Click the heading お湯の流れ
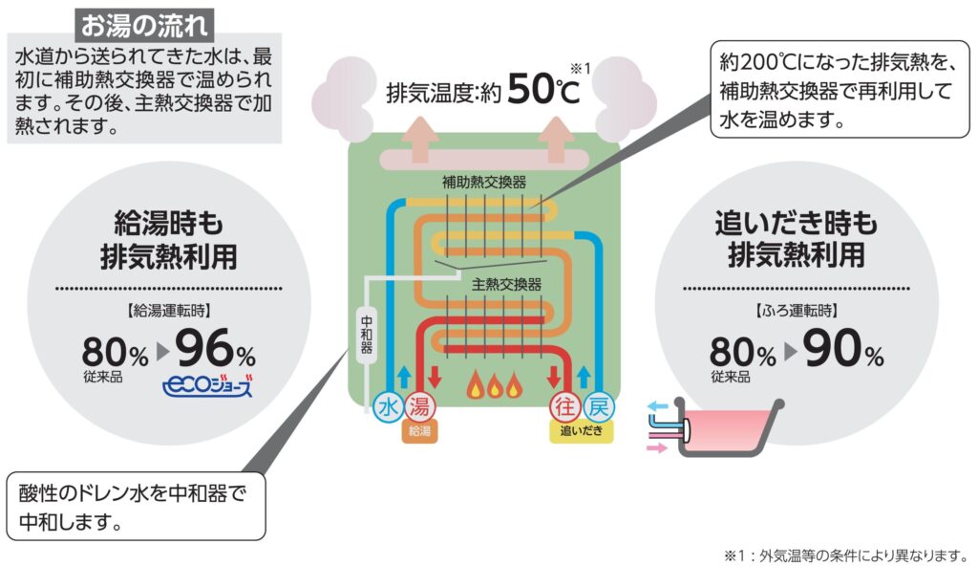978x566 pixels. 144,22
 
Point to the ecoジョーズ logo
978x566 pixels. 208,388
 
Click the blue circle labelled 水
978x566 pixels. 389,407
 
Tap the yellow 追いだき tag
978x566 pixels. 581,432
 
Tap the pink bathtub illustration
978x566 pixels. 731,433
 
